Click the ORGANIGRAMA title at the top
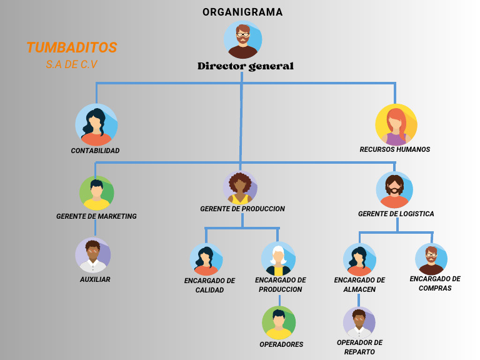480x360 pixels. (x=242, y=12)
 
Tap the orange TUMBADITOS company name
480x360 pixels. (x=71, y=47)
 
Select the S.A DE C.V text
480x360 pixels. (x=71, y=64)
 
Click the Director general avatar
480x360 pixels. (x=242, y=40)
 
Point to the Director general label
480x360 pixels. (x=245, y=66)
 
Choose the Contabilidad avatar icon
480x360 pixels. (x=96, y=124)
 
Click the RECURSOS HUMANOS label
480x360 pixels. (x=394, y=150)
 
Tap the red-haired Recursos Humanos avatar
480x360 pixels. (x=396, y=124)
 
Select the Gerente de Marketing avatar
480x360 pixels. (x=96, y=193)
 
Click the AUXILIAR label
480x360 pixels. (x=95, y=279)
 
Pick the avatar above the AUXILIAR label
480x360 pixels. (x=93, y=255)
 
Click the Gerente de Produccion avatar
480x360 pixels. (x=240, y=187)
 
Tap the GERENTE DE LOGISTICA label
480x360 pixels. (x=396, y=214)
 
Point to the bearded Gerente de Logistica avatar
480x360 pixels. (x=394, y=189)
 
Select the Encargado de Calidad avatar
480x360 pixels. (x=206, y=259)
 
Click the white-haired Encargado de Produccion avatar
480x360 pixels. (x=278, y=258)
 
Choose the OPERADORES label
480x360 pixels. (x=281, y=344)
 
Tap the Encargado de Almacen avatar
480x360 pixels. (x=359, y=259)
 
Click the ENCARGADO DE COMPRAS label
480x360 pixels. (x=435, y=283)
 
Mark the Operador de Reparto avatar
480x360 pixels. (x=359, y=322)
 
